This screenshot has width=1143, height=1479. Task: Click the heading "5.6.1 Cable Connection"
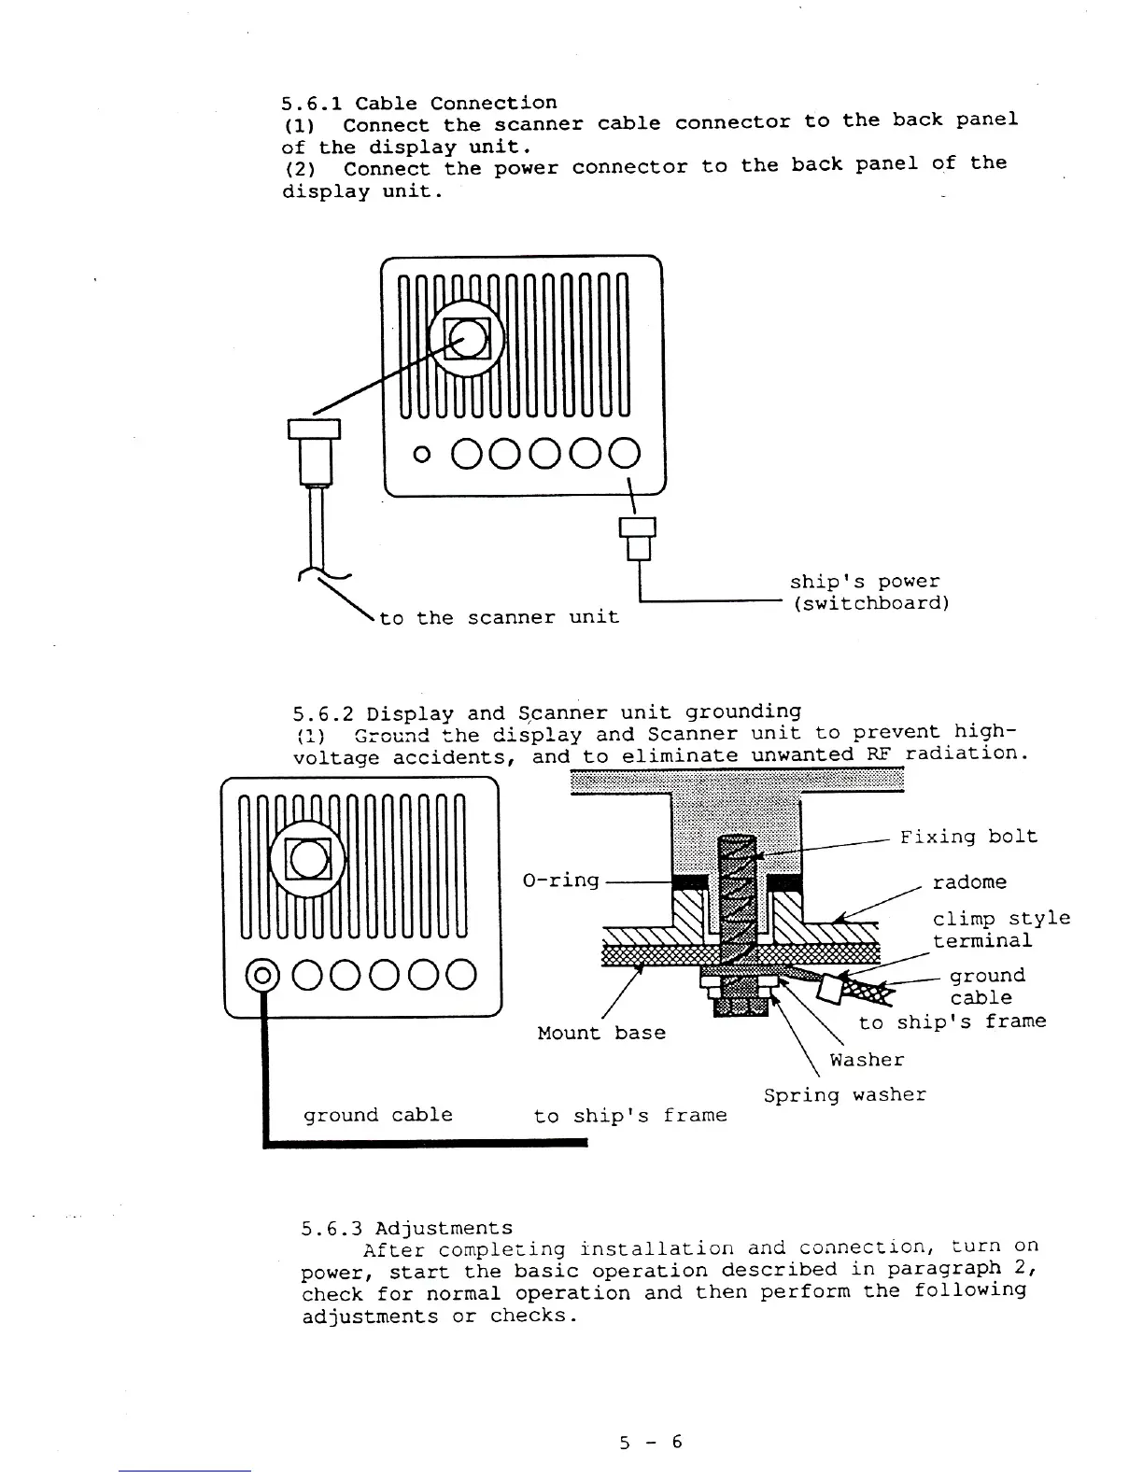pos(418,103)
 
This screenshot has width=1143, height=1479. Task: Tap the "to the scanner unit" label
pos(499,617)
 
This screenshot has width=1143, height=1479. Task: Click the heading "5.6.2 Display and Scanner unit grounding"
pos(546,713)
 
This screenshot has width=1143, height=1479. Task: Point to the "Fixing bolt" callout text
pos(968,836)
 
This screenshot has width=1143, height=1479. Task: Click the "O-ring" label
pos(560,880)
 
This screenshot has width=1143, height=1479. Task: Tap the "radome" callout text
pos(969,881)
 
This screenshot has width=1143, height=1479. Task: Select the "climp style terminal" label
pos(1000,929)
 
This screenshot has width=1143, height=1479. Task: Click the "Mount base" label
pos(601,1033)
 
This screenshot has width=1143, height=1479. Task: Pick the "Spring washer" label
pos(844,1094)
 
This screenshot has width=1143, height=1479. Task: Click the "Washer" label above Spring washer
pos(867,1060)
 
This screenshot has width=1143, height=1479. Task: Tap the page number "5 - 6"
pos(651,1442)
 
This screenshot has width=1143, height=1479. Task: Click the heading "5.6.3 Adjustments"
pos(407,1228)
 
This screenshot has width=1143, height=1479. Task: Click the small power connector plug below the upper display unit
pos(638,536)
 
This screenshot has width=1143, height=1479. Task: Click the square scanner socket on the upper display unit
pos(467,337)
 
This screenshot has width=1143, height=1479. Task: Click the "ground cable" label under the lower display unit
pos(377,1115)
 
